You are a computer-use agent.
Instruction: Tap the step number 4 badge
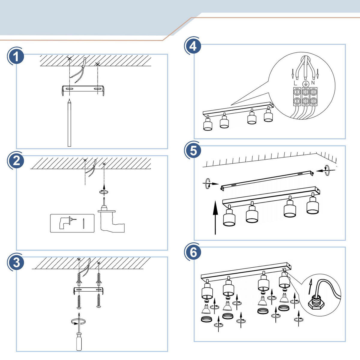tap(193, 46)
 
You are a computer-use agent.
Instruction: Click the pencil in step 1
tap(69, 123)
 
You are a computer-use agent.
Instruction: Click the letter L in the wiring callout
tap(295, 82)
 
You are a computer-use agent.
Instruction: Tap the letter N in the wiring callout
tap(313, 82)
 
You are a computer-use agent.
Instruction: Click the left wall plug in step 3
tap(79, 279)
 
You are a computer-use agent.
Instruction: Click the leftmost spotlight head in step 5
tap(230, 218)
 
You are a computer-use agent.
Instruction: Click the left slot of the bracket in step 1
tap(69, 89)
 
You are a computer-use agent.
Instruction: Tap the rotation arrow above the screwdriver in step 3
tap(78, 322)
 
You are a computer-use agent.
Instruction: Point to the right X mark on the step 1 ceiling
tap(97, 64)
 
